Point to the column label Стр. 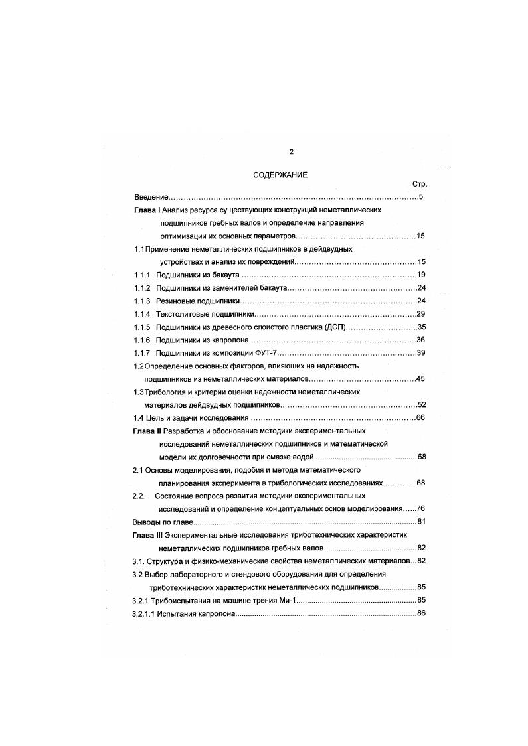click(419, 185)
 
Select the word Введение click(151, 198)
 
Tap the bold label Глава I click(147, 210)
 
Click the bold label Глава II click(148, 431)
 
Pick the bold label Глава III click(149, 535)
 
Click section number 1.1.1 click(142, 275)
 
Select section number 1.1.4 click(142, 314)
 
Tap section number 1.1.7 click(142, 352)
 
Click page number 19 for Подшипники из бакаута click(420, 275)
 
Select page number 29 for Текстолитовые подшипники click(420, 314)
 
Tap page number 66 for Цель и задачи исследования click(420, 418)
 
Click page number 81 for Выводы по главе click(420, 522)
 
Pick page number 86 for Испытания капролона click(420, 613)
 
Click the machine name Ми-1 click(286, 600)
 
